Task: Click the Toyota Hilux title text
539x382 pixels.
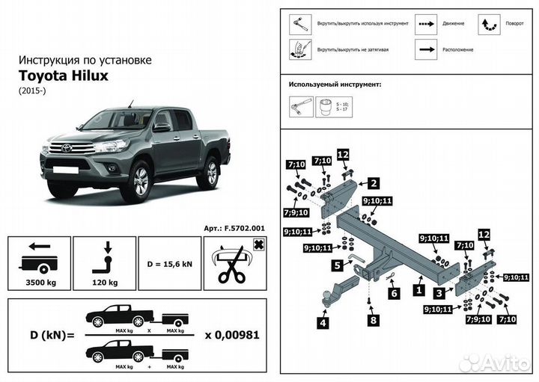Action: pos(64,76)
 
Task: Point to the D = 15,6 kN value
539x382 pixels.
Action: pos(170,264)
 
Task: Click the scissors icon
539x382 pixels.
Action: pos(234,265)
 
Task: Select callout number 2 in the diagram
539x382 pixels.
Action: pos(373,182)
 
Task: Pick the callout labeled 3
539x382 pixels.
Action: pos(440,294)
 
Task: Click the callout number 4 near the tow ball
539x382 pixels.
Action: pos(323,323)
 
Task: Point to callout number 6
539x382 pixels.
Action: pos(393,294)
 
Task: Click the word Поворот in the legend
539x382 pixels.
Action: pos(514,23)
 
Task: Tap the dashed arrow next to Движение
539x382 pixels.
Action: pos(427,23)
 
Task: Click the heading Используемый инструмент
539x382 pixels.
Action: pos(335,85)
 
